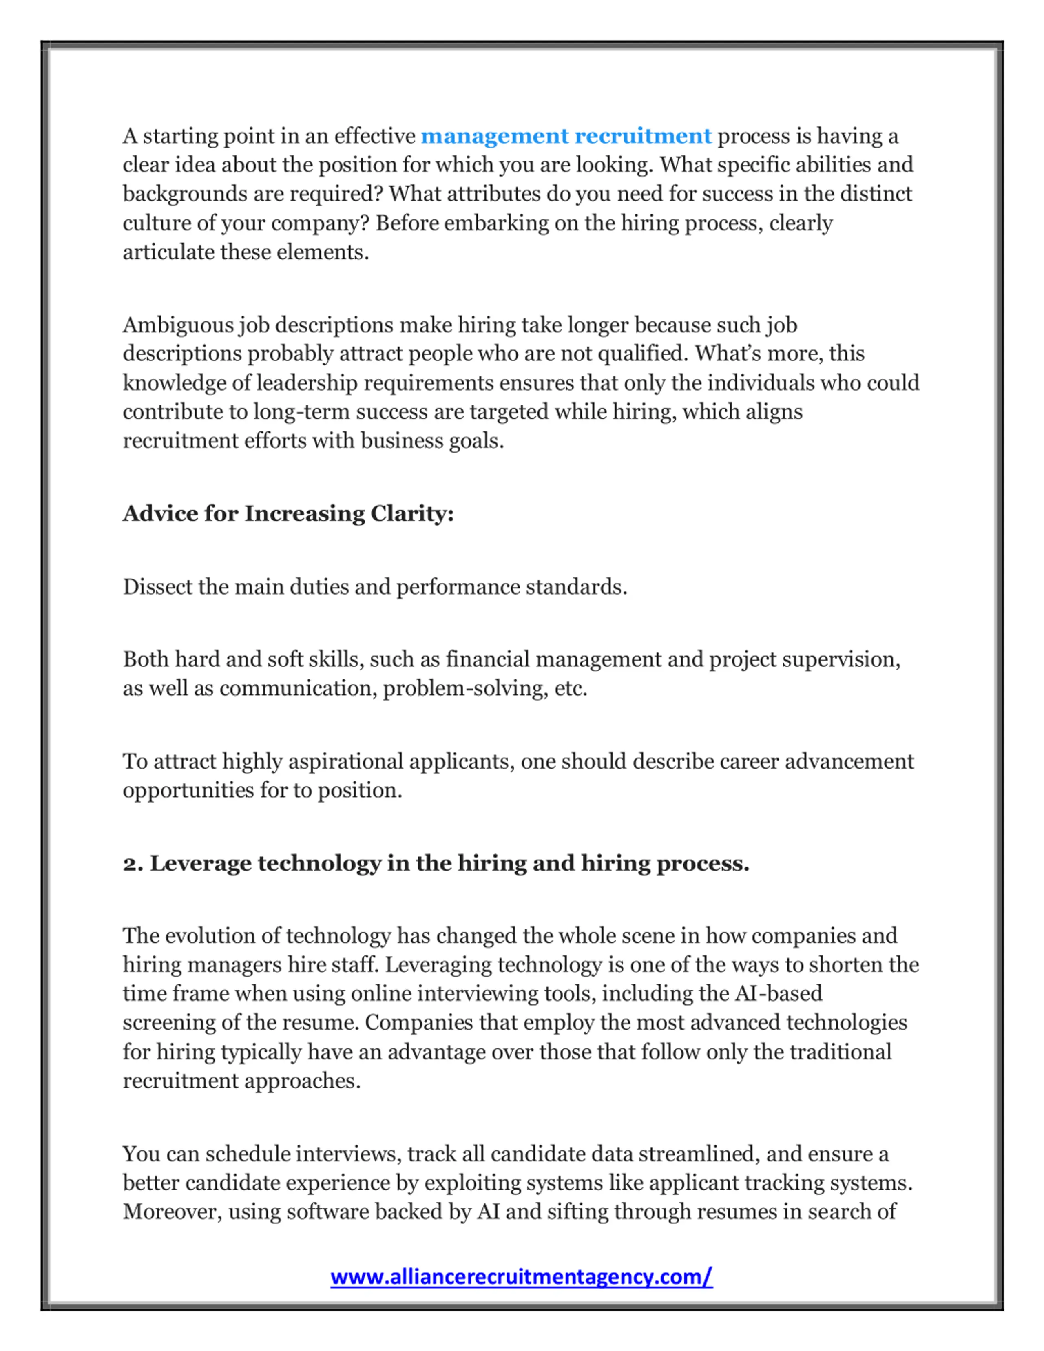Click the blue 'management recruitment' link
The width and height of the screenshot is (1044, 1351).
coord(566,136)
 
